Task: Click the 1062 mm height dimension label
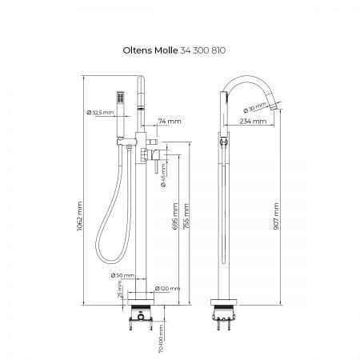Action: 80,216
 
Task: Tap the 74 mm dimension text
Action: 170,122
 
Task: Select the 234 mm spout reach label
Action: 253,122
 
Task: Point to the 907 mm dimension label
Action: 276,216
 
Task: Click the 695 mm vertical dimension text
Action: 175,216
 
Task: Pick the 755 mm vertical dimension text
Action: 186,216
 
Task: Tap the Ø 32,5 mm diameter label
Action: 100,113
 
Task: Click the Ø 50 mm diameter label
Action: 122,275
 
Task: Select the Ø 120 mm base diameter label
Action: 167,289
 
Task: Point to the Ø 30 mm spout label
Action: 254,107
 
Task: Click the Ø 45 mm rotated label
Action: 163,175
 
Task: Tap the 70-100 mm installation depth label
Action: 161,338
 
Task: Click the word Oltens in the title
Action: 138,50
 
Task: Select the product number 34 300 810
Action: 203,50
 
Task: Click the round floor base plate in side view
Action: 224,302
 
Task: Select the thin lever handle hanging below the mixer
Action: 156,166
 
